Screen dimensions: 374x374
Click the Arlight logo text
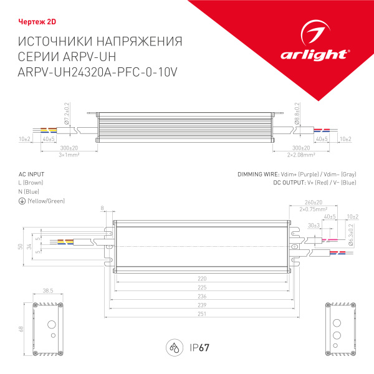pos(324,54)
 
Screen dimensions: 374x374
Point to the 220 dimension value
pos(201,279)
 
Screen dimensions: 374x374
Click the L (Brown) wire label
pos(31,183)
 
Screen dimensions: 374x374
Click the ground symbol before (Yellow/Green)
pos(22,201)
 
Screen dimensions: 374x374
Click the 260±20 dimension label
pos(314,203)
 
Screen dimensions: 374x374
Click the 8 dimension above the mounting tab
pos(103,209)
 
